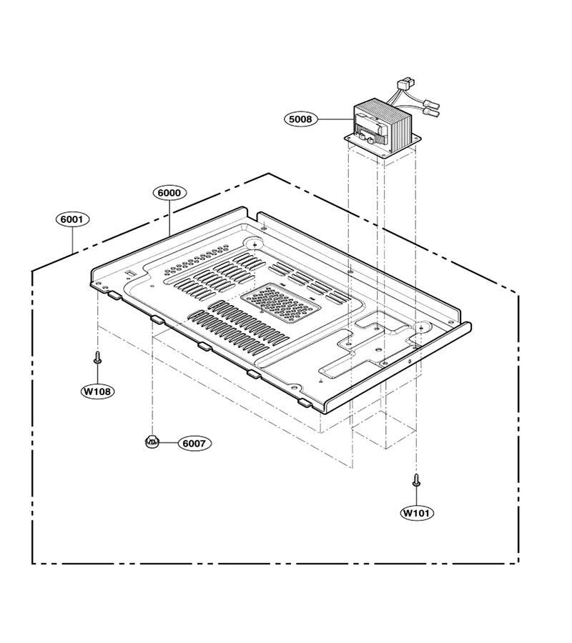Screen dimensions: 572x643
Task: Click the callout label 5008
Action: tap(300, 119)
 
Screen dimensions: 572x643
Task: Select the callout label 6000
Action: tap(169, 192)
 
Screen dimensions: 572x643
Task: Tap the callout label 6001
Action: tap(72, 219)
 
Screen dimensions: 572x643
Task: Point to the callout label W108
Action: tap(97, 392)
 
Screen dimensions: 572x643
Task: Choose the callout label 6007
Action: tap(194, 443)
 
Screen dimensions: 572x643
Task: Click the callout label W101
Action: tap(417, 512)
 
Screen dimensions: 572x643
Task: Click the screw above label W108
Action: tap(98, 357)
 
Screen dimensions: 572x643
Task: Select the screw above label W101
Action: tap(416, 480)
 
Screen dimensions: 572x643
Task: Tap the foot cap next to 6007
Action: tap(152, 442)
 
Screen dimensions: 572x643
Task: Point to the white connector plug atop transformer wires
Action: tap(405, 85)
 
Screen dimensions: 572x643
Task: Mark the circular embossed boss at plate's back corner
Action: tap(255, 244)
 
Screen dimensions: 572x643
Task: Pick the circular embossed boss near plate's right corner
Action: tap(420, 327)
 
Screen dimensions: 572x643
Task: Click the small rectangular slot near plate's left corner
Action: tap(130, 272)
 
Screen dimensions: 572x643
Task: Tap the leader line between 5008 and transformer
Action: tap(335, 119)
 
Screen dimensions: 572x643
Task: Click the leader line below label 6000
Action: tap(169, 219)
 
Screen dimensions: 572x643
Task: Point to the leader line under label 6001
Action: tap(72, 240)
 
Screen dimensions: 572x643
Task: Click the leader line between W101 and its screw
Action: tap(416, 497)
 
